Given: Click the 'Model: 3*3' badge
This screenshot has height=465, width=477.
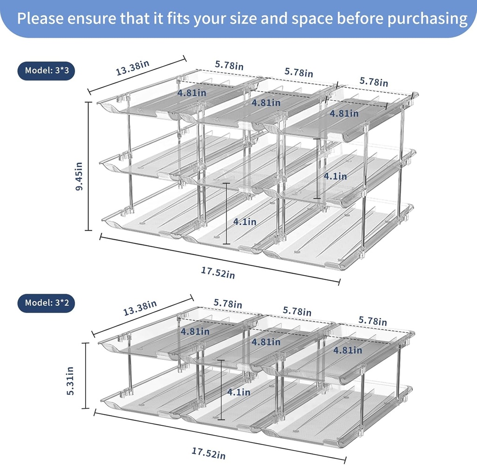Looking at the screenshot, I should (46, 71).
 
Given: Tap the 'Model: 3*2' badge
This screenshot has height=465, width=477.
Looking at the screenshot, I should (46, 303).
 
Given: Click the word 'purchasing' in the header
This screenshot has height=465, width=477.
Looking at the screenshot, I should (419, 18).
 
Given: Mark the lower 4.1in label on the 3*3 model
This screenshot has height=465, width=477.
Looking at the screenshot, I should (245, 222).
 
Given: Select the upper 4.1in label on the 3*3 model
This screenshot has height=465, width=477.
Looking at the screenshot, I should (335, 176).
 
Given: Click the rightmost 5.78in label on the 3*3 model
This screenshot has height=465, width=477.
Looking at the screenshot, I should (374, 82).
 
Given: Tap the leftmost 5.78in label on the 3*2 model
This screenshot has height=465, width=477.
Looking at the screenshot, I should (228, 303).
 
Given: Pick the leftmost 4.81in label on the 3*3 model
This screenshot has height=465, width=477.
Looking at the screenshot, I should (191, 93).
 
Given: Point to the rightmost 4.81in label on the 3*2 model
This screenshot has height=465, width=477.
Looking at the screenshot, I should (348, 350).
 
